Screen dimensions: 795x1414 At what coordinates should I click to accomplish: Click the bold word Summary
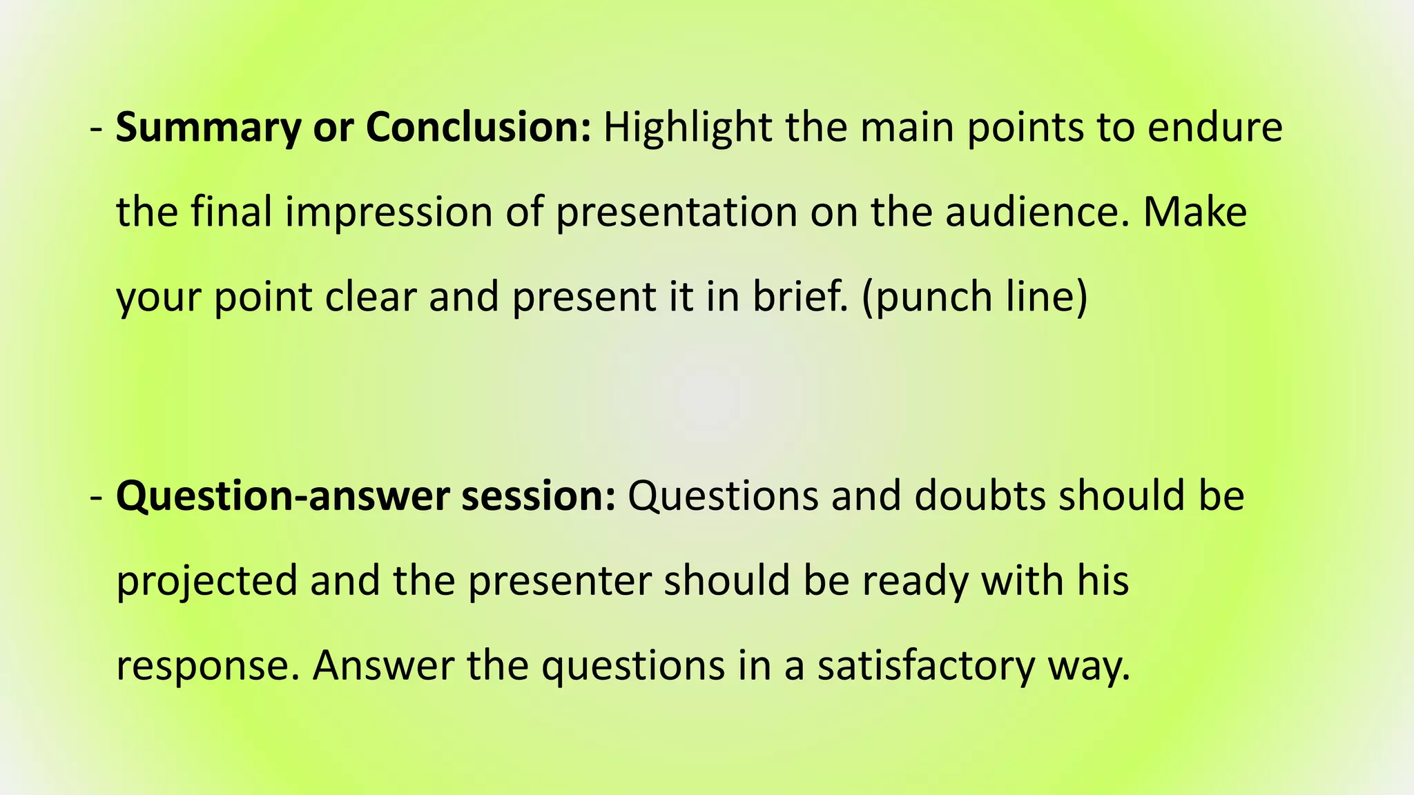(x=208, y=129)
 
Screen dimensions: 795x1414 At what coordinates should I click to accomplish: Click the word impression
(x=388, y=213)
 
